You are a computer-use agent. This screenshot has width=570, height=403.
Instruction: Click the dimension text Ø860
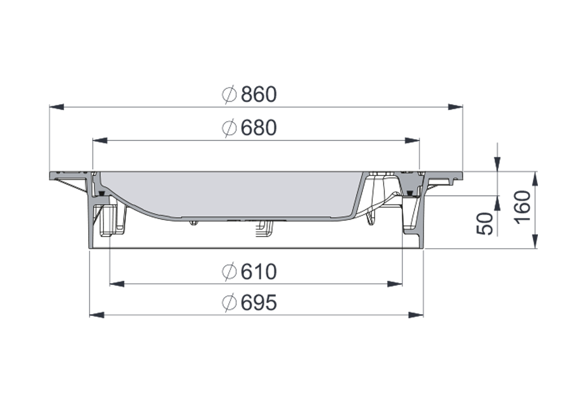[249, 94]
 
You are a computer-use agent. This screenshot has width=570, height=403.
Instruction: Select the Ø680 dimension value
[249, 128]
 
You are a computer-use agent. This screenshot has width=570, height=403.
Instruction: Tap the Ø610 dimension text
[249, 272]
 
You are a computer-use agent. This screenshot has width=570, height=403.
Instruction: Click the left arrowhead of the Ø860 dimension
[56, 107]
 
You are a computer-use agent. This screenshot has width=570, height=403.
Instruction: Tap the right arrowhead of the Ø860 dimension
[456, 107]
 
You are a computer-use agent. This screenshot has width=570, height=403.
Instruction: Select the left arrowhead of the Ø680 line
[100, 140]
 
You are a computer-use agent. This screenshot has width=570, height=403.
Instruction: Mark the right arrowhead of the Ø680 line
[412, 140]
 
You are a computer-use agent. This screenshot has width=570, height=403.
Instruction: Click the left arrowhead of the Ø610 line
[116, 283]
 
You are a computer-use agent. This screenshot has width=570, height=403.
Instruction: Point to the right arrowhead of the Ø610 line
[395, 283]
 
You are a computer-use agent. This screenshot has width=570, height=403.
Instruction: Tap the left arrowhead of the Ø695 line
[97, 315]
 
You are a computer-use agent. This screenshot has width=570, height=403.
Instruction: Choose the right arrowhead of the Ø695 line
[416, 315]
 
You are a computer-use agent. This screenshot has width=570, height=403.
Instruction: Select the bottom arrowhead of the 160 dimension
[535, 241]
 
